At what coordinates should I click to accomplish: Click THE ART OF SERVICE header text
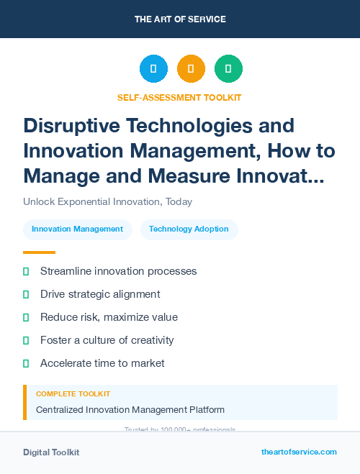pos(180,19)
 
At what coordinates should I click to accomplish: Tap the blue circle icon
pos(153,68)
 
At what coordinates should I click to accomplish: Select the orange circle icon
pos(191,68)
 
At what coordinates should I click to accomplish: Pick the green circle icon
pos(228,68)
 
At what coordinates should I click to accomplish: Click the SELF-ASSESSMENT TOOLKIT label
pos(179,98)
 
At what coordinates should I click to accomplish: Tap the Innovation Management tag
pos(78,229)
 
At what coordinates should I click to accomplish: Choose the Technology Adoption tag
pos(189,229)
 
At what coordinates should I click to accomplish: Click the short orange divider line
pos(39,252)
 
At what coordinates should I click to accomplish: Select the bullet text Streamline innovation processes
pos(118,271)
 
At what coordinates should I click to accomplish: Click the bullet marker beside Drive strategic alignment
pos(26,294)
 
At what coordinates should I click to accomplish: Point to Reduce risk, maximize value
pos(109,317)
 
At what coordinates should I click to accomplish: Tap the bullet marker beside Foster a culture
pos(26,340)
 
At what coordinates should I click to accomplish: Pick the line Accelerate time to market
pos(102,363)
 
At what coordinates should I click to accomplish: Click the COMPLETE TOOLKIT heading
pos(73,394)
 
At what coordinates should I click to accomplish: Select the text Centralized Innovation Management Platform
pos(130,410)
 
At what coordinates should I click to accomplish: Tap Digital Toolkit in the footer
pos(51,452)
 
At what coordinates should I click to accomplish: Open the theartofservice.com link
pos(299,452)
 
